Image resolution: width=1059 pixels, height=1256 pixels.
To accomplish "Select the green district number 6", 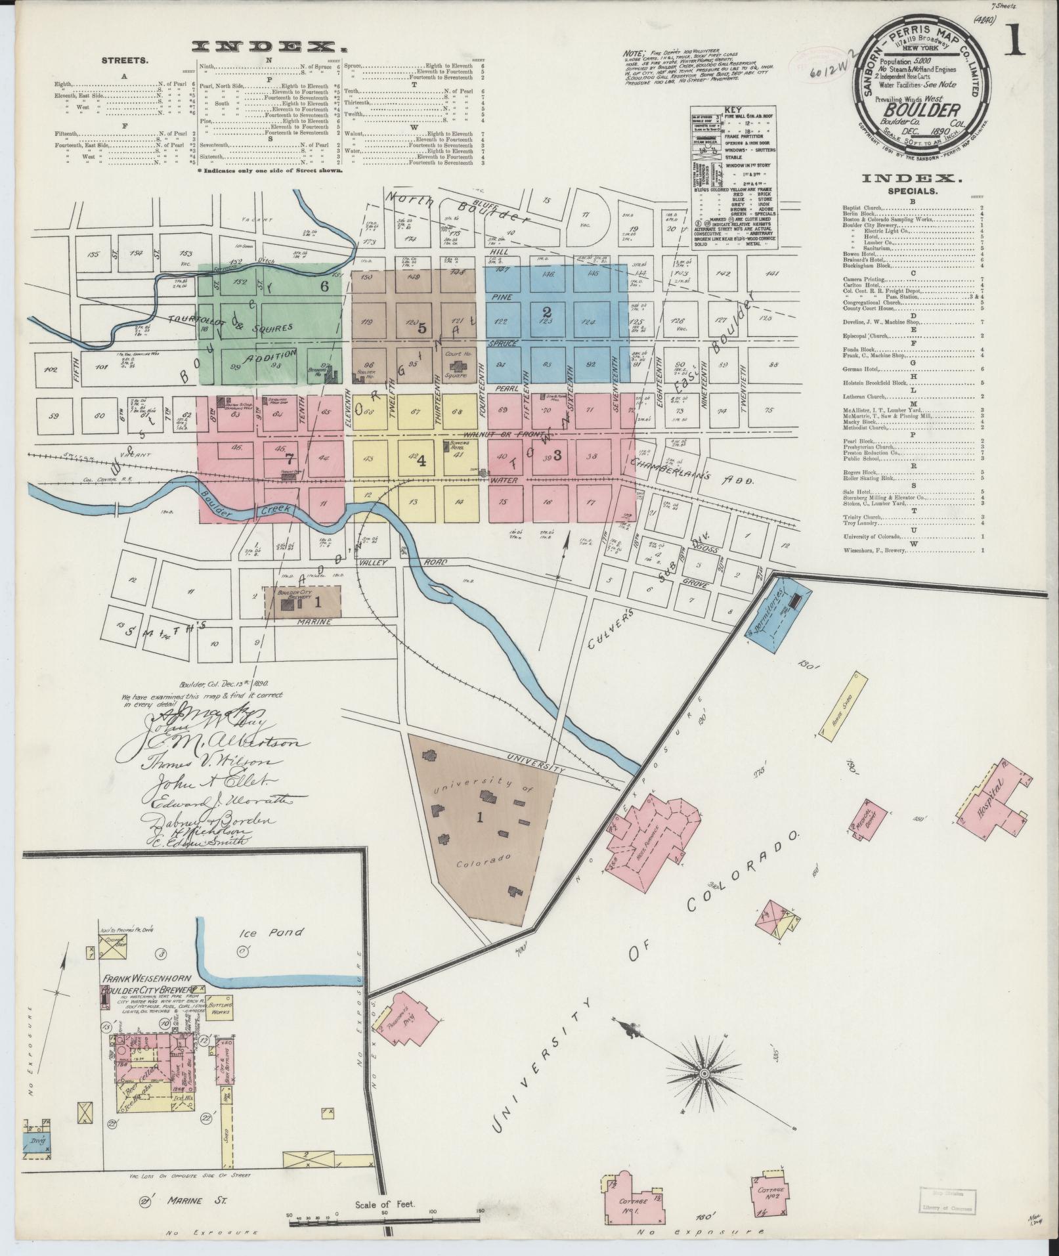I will click(x=324, y=286).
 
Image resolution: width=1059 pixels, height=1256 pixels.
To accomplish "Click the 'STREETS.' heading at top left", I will click(x=125, y=60).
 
